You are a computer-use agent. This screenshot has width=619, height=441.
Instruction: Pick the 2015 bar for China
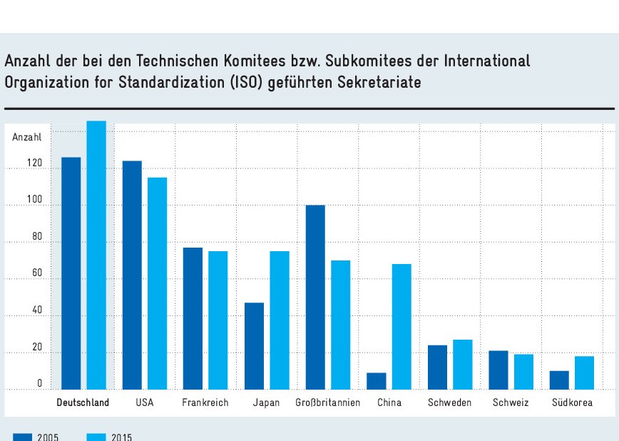pos(401,326)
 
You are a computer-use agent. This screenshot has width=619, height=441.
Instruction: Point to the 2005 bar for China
pos(376,381)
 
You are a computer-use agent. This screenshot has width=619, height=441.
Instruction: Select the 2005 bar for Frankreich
pos(193,318)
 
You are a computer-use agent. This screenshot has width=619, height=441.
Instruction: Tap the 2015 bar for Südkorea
pos(585,372)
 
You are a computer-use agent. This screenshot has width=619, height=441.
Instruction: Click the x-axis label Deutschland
pos(83,402)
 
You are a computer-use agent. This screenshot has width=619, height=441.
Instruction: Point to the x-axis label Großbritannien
pos(328,402)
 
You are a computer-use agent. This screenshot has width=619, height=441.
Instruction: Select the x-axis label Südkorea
pos(572,402)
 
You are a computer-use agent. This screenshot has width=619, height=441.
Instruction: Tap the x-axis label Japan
pos(266,402)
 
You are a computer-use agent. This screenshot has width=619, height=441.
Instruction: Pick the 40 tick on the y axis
pos(36,310)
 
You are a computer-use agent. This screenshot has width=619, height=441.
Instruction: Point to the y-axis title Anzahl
pos(27,136)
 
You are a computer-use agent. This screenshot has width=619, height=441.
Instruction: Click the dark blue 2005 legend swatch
pos(22,437)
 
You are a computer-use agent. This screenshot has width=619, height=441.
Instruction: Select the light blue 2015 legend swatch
pos(96,437)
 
